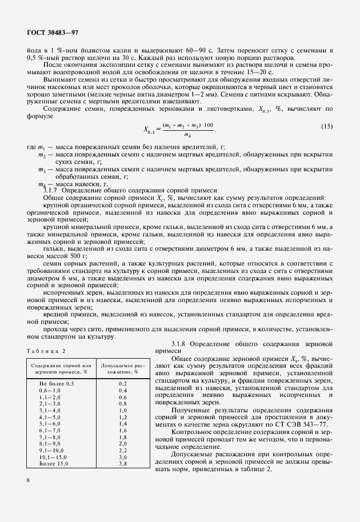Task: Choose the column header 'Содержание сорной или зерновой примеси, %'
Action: (62, 368)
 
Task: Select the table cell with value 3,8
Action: (122, 464)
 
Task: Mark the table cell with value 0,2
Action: (122, 383)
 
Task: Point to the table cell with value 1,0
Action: (122, 410)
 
